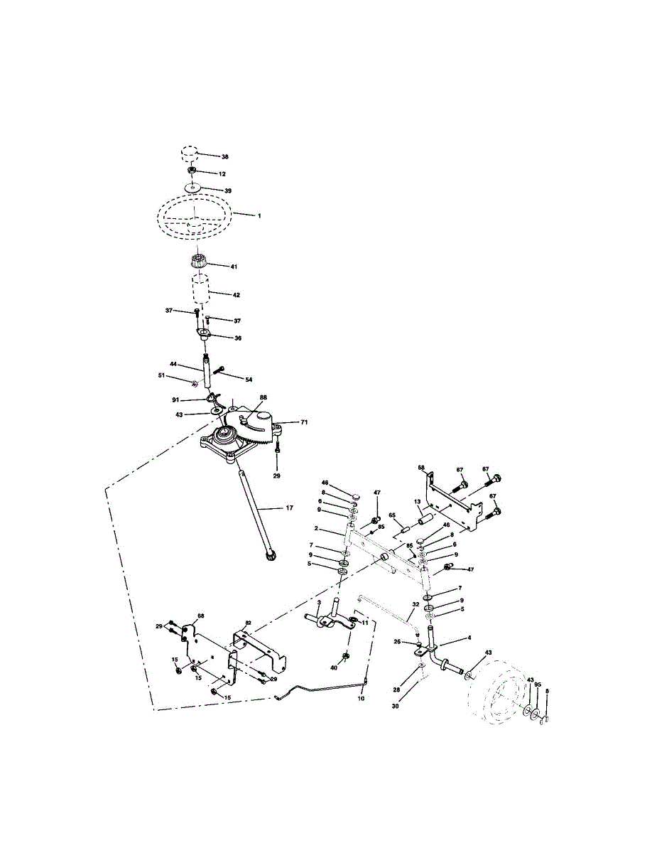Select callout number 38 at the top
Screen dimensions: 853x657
pos(224,156)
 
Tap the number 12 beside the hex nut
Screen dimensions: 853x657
pos(222,173)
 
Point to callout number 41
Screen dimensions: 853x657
pos(234,267)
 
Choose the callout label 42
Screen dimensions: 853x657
pos(237,294)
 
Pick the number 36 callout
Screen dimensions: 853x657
pos(237,338)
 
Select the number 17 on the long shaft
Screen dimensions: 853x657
pos(289,508)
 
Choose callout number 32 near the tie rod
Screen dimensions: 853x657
pos(415,604)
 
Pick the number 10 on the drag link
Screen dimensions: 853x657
pos(362,699)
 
